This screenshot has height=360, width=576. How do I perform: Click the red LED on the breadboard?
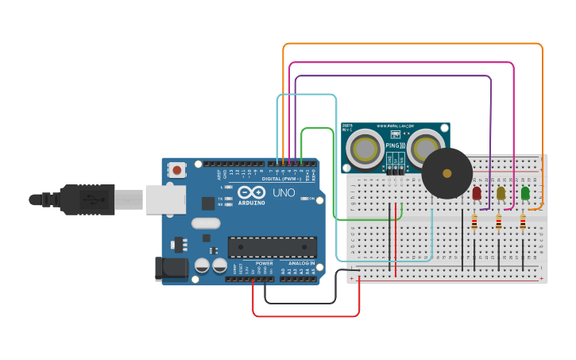[x=477, y=192]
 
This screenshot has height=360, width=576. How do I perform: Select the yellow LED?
[x=501, y=192]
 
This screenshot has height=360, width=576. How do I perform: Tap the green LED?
[x=524, y=192]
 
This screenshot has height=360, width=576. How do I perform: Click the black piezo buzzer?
[x=446, y=173]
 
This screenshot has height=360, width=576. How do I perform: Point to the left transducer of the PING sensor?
[x=365, y=149]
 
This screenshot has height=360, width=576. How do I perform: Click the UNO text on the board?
[x=284, y=192]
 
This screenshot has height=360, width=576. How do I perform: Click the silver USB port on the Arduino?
[x=165, y=199]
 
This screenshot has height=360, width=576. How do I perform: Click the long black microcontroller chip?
[x=273, y=246]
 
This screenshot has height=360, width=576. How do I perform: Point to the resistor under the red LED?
[x=474, y=223]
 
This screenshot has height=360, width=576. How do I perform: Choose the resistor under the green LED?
[x=523, y=223]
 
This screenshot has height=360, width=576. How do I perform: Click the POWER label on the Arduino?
[x=265, y=263]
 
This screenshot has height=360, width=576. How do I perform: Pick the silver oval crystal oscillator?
[x=204, y=223]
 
